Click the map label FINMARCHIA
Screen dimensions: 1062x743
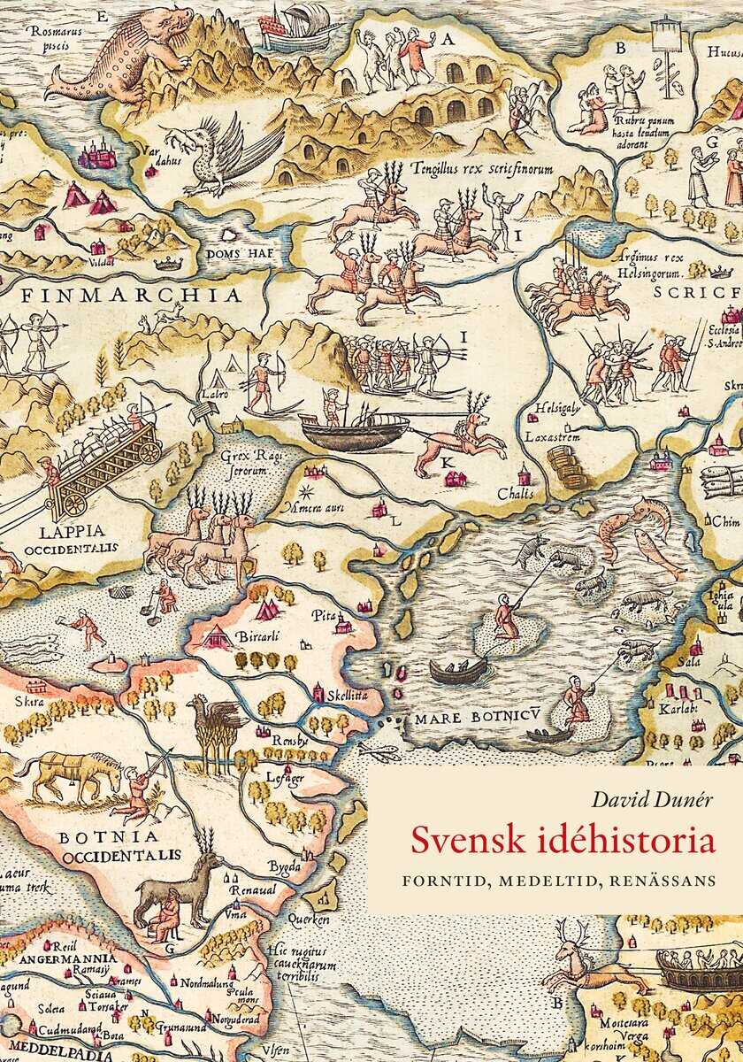119,294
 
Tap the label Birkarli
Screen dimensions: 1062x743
258,636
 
